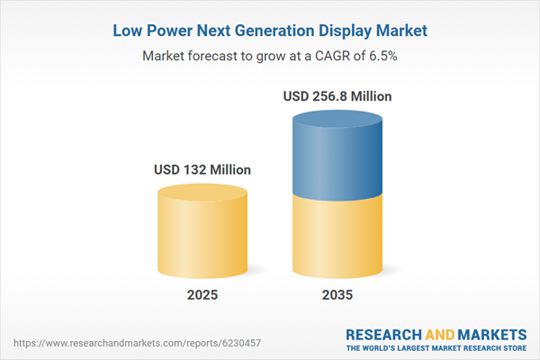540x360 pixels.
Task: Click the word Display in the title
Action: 355,31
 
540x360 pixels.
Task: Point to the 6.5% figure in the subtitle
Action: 382,55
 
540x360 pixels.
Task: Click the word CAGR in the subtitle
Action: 337,55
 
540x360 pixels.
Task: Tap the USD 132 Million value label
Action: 202,169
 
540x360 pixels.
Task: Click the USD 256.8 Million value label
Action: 338,95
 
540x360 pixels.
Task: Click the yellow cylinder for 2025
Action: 202,234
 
